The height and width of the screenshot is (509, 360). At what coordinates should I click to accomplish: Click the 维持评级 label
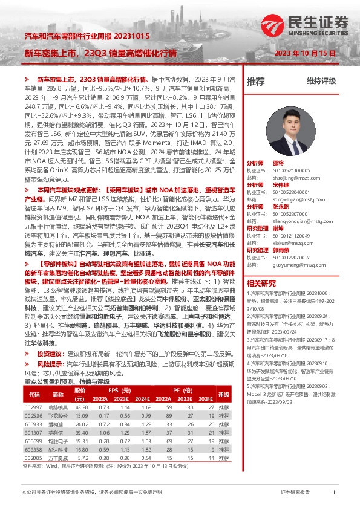point(321,80)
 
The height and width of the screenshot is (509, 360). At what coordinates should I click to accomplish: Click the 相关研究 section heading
point(261,282)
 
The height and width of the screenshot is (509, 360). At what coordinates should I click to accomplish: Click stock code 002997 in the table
point(33,407)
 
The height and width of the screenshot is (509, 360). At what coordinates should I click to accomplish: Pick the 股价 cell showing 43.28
point(82,407)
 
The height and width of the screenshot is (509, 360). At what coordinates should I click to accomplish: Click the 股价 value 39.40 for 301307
point(82,433)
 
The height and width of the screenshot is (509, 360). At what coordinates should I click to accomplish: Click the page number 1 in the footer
point(334,493)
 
